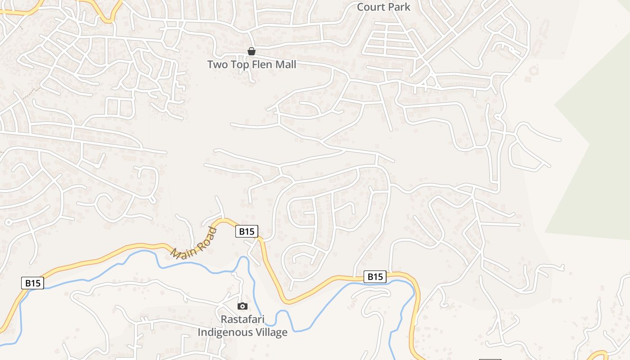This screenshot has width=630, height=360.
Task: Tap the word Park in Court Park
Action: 400,7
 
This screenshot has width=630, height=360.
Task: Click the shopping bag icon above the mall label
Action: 252,52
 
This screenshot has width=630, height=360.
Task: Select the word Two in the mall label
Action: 217,65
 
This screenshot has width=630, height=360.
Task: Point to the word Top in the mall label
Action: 240,65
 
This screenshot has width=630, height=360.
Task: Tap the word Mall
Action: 285,65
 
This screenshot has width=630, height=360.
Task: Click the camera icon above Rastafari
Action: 243,306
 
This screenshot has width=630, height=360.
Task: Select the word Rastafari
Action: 243,319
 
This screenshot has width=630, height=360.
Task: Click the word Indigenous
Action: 226,333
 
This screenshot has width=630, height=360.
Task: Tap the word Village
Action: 271,333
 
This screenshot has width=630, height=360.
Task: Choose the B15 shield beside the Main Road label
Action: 247,232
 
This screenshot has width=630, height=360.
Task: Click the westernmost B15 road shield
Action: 33,283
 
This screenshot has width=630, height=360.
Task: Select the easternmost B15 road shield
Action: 375,276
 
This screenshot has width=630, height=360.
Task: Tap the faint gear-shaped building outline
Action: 534,71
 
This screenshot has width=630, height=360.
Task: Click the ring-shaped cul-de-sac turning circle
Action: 9,222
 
